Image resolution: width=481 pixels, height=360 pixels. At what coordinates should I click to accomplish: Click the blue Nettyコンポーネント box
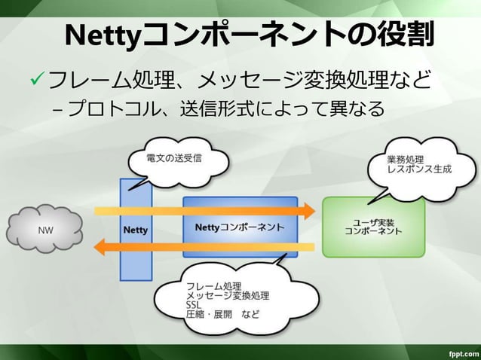(x=240, y=227)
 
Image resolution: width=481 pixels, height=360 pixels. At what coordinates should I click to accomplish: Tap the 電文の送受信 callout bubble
(x=167, y=160)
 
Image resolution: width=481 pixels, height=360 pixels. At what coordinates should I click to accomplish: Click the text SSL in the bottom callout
(x=194, y=305)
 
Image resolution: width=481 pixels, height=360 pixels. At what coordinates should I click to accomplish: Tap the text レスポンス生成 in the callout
(x=419, y=170)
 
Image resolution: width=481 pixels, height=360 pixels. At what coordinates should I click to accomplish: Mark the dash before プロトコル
(x=58, y=111)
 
